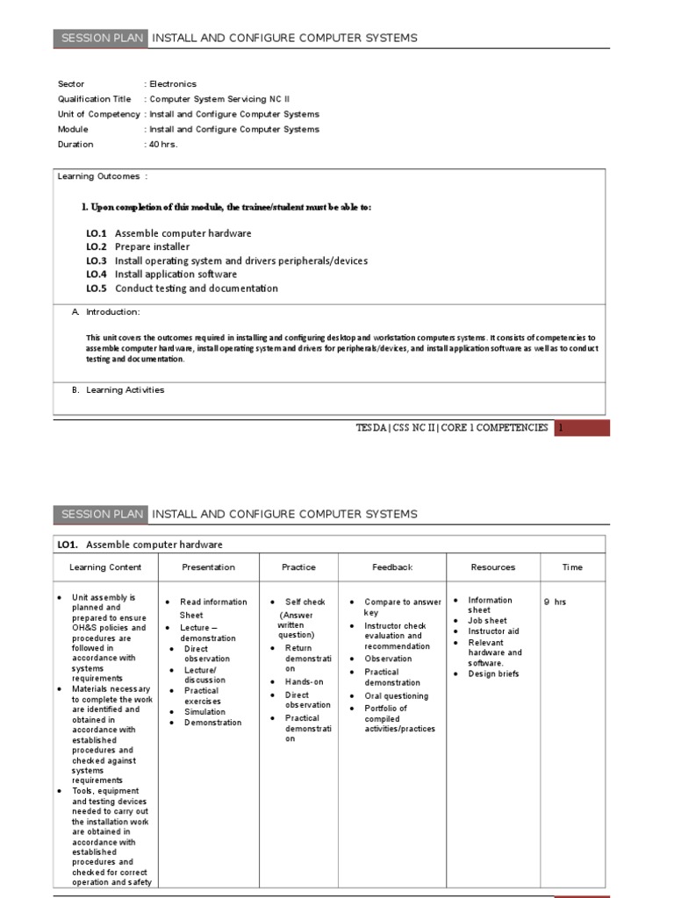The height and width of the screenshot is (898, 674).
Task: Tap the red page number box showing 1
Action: click(582, 428)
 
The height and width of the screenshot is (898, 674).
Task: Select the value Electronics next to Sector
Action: click(173, 84)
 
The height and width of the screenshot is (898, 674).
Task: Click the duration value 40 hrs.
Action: click(163, 144)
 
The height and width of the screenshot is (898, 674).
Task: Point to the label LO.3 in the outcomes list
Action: click(97, 260)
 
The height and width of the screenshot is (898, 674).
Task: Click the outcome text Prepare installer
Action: click(152, 247)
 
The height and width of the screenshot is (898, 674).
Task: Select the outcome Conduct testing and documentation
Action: click(196, 289)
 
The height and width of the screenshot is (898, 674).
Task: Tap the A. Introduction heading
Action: click(106, 311)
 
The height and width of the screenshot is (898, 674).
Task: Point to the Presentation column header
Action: click(208, 567)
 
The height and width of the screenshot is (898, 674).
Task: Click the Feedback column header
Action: click(392, 567)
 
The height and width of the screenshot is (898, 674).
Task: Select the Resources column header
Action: click(493, 567)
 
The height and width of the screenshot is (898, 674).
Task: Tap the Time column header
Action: click(572, 567)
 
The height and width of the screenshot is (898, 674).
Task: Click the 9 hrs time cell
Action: click(555, 602)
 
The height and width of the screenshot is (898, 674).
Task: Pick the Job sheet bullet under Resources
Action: click(487, 621)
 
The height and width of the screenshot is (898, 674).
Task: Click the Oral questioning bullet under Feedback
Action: click(397, 696)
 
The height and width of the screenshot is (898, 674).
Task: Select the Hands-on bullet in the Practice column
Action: click(304, 681)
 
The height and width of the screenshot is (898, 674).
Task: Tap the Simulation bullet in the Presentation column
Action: click(204, 712)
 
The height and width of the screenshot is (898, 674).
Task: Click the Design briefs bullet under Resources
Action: click(493, 674)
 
